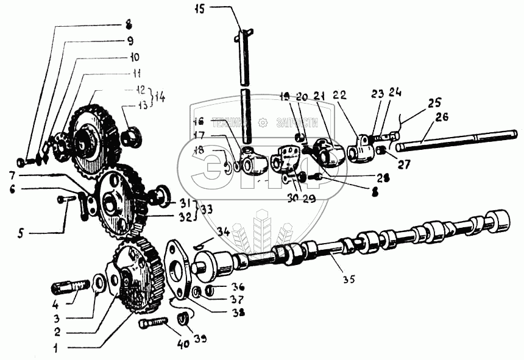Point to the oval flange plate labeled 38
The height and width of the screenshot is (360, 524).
pos(181,267)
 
